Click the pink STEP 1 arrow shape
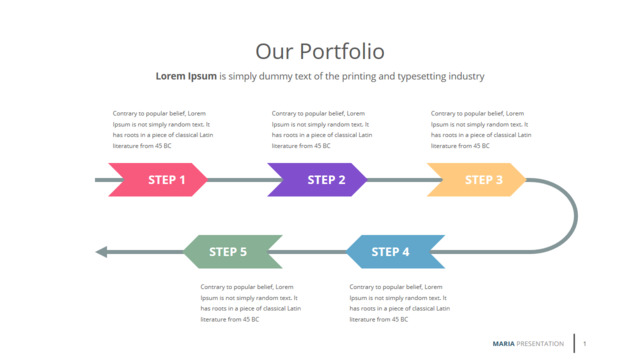pyautogui.click(x=158, y=180)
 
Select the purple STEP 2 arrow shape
pyautogui.click(x=318, y=180)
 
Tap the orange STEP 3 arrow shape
pyautogui.click(x=477, y=180)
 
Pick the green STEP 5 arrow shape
pyautogui.click(x=233, y=251)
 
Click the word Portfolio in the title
pyautogui.click(x=342, y=52)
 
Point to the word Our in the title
pyautogui.click(x=274, y=52)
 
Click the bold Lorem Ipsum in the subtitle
pyautogui.click(x=186, y=76)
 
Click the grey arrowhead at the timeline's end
pyautogui.click(x=101, y=252)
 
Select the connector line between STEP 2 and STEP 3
pyautogui.click(x=404, y=180)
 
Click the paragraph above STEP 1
pyautogui.click(x=163, y=129)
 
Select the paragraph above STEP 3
pyautogui.click(x=481, y=129)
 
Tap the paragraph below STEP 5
pyautogui.click(x=251, y=303)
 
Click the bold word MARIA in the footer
pyautogui.click(x=503, y=344)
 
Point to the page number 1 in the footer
pyautogui.click(x=584, y=344)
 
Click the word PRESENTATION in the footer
pyautogui.click(x=540, y=344)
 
